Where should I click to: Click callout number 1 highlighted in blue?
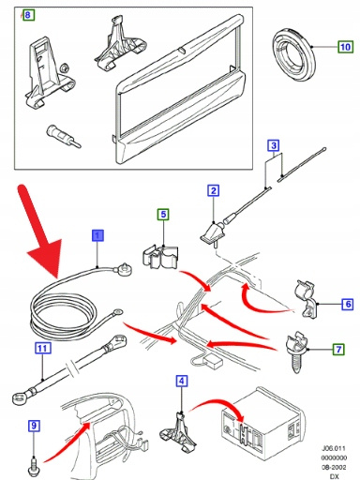click(97, 235)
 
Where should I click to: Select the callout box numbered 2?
click(214, 190)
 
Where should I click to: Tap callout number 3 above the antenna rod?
click(274, 145)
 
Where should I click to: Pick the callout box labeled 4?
click(182, 381)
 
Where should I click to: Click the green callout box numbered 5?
click(163, 215)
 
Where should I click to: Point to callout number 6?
click(348, 304)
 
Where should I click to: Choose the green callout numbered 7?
click(338, 349)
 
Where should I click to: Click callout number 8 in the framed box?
click(28, 14)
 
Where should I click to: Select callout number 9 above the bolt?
click(34, 426)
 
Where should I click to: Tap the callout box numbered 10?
click(345, 47)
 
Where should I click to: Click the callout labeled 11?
click(43, 348)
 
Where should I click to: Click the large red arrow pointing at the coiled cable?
click(40, 232)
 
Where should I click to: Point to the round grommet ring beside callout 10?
click(294, 55)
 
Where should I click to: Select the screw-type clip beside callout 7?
click(296, 352)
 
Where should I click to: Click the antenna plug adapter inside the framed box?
click(64, 136)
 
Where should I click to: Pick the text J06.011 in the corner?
click(334, 448)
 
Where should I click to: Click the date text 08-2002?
click(334, 467)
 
